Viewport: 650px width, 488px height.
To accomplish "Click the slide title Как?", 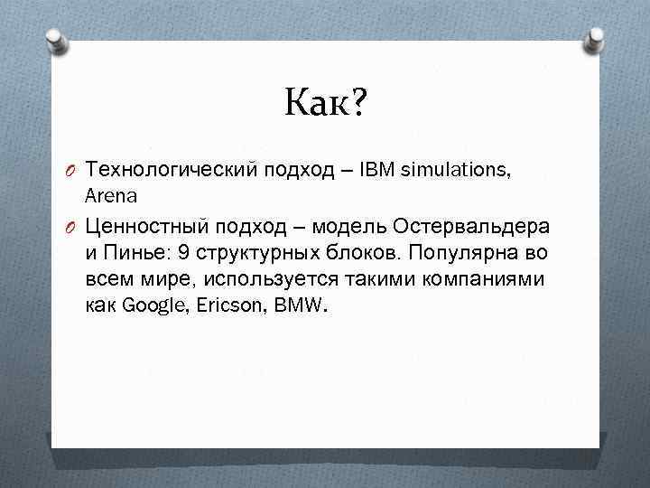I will point(326,103).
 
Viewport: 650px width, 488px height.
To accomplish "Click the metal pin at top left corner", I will point(54,38).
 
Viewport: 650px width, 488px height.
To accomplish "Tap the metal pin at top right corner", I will point(597,38).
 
